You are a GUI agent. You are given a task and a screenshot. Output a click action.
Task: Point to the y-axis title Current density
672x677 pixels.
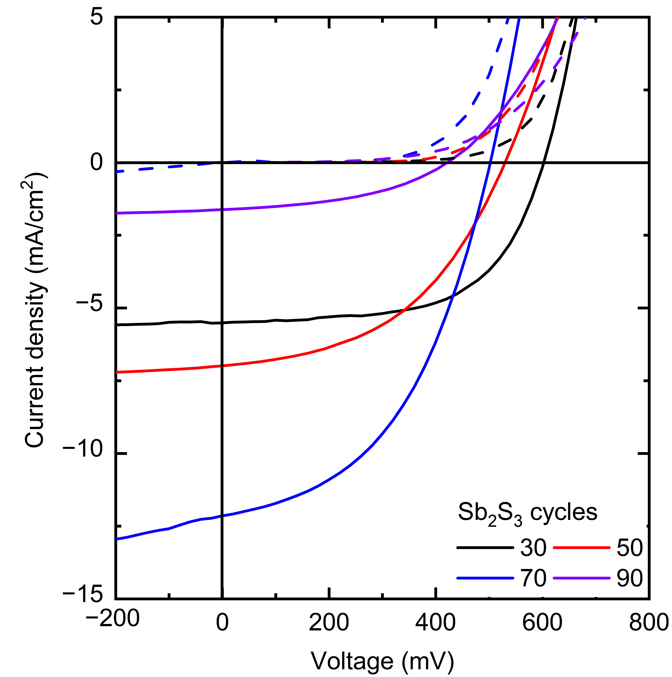click(x=35, y=308)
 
